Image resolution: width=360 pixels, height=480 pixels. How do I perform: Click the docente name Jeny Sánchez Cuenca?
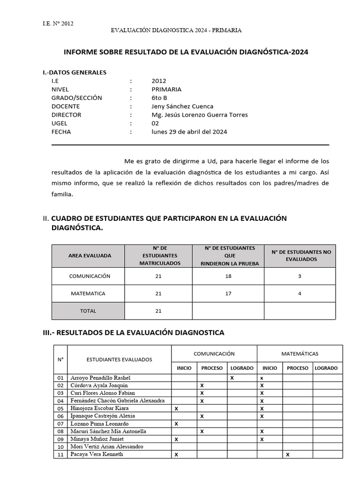click(x=182, y=106)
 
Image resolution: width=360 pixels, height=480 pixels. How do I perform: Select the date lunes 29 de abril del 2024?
click(x=189, y=132)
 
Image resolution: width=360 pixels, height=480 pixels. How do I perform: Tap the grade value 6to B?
click(x=159, y=98)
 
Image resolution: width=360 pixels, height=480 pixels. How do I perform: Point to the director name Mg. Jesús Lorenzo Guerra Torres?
click(x=200, y=115)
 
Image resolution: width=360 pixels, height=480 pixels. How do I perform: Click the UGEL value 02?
click(x=155, y=123)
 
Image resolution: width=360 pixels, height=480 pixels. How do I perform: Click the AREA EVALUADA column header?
click(x=90, y=256)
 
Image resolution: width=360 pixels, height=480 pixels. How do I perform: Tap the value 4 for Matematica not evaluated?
click(x=300, y=293)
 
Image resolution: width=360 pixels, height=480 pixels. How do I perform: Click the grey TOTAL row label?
click(x=88, y=311)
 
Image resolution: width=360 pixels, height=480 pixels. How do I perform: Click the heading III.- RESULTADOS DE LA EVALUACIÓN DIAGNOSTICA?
click(x=133, y=333)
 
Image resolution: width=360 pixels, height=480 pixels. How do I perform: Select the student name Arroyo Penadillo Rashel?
click(x=100, y=377)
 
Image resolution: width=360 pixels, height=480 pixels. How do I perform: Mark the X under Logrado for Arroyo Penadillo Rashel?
click(x=232, y=377)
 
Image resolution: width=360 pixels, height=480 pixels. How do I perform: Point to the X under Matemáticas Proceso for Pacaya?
click(x=287, y=455)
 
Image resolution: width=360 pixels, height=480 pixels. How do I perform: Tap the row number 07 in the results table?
click(x=60, y=424)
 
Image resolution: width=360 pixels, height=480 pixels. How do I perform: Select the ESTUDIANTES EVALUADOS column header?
click(x=119, y=360)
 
